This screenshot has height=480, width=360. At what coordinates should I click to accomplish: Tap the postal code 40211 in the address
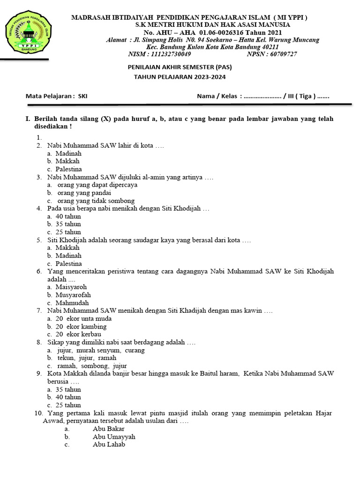tap(270, 47)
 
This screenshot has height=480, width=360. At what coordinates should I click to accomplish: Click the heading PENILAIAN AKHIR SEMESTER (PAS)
tap(180, 67)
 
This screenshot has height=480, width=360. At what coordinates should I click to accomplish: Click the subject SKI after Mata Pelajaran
tap(82, 96)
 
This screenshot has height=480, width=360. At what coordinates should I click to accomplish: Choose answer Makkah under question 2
tap(67, 161)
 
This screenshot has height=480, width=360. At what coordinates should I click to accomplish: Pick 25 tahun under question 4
tap(68, 232)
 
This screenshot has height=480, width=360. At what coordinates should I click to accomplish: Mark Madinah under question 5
tap(68, 255)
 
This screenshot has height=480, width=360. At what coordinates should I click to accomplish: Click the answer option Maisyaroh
tap(71, 287)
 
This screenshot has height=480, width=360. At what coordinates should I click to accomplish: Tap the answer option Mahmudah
tap(72, 303)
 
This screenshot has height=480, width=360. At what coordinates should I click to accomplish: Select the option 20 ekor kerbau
tap(81, 334)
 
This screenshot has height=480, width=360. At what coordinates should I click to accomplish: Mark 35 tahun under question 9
tap(68, 390)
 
